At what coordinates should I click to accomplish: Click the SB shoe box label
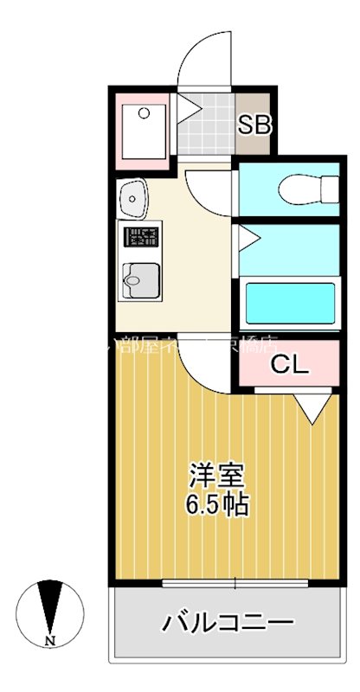[x=255, y=125]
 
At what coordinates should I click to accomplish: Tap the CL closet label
[x=289, y=364]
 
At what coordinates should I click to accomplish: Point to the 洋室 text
[x=218, y=477]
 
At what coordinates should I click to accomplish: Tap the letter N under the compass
[x=51, y=641]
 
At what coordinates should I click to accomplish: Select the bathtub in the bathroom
[x=291, y=303]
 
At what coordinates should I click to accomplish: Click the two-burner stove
[x=142, y=236]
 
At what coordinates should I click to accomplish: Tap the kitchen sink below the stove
[x=138, y=279]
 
